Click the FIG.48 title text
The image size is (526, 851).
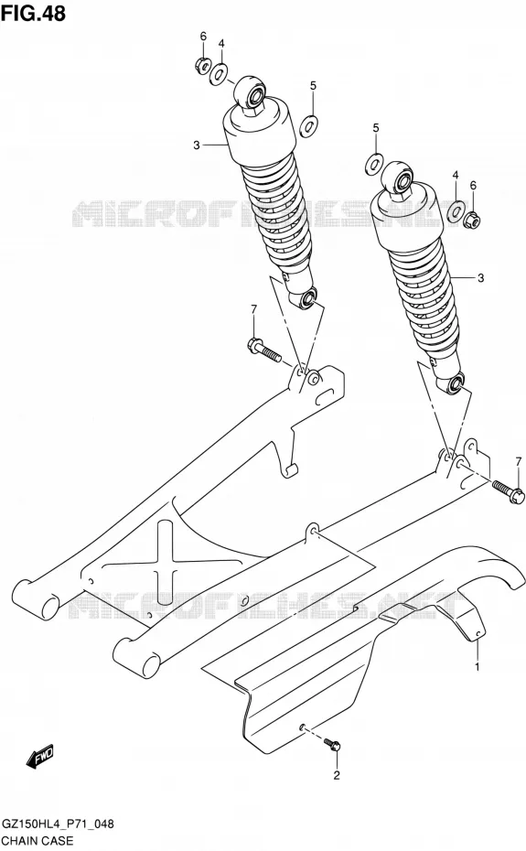coord(33,13)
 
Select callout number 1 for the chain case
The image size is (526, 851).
coord(478,666)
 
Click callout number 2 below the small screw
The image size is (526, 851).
coord(337,776)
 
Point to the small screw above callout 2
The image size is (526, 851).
coord(332,745)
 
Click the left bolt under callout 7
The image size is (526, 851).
coord(264,350)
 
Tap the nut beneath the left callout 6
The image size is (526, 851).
coord(201,65)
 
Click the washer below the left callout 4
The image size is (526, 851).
coord(220,74)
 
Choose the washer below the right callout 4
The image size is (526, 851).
coord(456,210)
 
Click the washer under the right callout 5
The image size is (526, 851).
coord(374,164)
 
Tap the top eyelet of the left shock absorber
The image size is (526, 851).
coord(251,92)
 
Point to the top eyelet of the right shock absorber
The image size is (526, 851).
coord(398,178)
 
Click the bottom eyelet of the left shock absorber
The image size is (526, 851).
coord(306,298)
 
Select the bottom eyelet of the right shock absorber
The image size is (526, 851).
coord(455,383)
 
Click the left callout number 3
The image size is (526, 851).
coord(197,145)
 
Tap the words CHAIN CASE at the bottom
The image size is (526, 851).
coord(38,841)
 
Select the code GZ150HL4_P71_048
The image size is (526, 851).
coord(58,824)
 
